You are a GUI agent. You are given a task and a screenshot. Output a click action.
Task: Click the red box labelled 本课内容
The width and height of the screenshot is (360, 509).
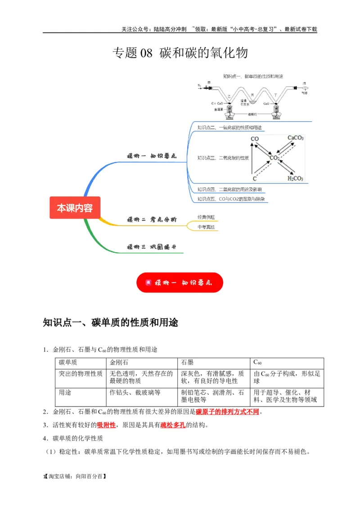tap(75, 208)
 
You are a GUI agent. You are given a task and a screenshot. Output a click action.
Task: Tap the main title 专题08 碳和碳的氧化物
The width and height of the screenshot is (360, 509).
tap(180, 53)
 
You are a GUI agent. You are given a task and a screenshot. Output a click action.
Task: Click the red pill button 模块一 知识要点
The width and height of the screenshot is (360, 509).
tap(180, 283)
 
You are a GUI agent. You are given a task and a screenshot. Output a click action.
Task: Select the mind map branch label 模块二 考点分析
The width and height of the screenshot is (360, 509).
tap(152, 220)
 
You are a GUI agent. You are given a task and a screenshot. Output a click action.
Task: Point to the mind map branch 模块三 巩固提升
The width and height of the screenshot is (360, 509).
tap(152, 247)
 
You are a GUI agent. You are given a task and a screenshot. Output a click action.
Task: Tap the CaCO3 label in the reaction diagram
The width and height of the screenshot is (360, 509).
tap(295, 138)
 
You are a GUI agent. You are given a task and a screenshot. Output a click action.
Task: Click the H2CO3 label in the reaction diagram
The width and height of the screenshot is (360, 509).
tap(295, 179)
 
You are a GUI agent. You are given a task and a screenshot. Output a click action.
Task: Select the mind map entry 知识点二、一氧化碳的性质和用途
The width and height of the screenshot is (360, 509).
tap(229, 128)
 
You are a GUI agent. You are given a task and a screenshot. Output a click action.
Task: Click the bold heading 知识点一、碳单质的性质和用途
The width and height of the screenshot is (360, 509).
tap(111, 322)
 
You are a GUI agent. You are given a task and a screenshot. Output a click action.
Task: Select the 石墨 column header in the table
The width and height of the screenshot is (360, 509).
tap(187, 362)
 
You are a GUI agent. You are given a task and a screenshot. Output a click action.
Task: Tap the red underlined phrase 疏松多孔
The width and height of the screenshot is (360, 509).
tap(173, 425)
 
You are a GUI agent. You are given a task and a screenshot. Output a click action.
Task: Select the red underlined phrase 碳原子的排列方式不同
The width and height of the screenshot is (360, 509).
tap(227, 411)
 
